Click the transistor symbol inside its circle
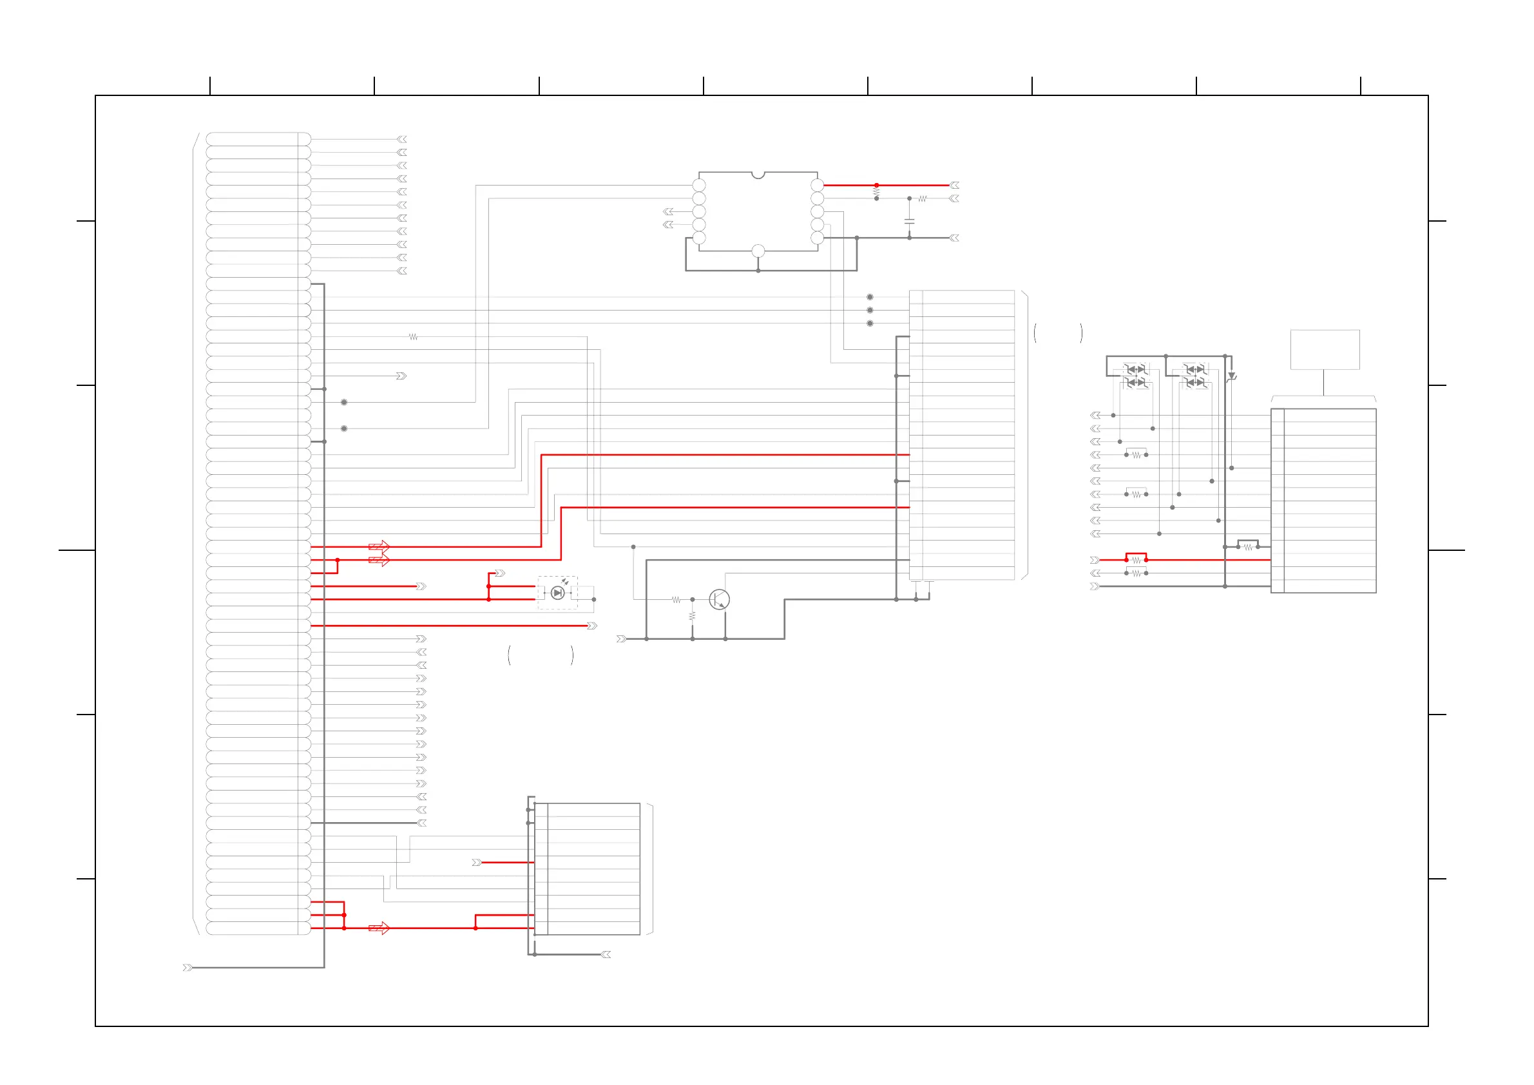(719, 599)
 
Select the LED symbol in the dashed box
(557, 593)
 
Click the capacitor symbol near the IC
(908, 220)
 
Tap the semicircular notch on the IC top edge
(758, 175)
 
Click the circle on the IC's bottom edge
(758, 251)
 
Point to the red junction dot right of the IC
(876, 185)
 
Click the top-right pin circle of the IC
(817, 185)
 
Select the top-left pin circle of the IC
(699, 185)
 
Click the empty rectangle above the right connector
(1324, 349)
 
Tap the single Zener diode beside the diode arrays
(1231, 377)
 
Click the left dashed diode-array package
(1136, 376)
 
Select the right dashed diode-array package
(1195, 376)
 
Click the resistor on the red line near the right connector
(1136, 560)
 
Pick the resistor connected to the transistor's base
(676, 600)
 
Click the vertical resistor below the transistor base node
(692, 615)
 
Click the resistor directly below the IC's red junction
(876, 193)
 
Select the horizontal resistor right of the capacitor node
(923, 198)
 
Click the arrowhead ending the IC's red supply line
(955, 185)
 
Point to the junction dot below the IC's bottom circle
(758, 271)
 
